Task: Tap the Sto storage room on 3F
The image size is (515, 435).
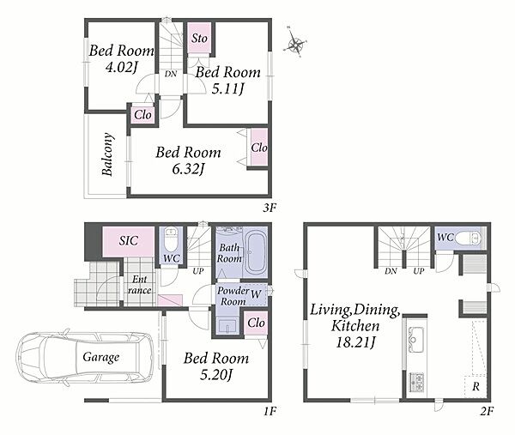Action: (199, 38)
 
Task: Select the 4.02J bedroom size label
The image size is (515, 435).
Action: (120, 67)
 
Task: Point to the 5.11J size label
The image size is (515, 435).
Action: (227, 88)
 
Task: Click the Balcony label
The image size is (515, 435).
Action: (107, 154)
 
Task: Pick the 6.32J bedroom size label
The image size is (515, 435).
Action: (188, 169)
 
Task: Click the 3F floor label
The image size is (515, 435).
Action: (270, 208)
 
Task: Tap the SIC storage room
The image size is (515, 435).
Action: (129, 242)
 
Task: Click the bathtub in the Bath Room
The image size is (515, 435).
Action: (256, 252)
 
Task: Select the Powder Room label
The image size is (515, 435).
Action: (233, 296)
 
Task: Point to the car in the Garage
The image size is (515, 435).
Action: (85, 358)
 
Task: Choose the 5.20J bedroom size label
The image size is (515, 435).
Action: (216, 374)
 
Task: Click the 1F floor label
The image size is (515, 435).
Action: (270, 411)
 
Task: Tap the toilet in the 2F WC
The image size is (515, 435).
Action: (468, 238)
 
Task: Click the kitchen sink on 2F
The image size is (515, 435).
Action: (415, 340)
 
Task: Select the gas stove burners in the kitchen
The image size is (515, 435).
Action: (416, 383)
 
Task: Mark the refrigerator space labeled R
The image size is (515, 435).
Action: (476, 386)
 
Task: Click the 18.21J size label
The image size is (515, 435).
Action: (355, 342)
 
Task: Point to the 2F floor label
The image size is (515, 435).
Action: (487, 411)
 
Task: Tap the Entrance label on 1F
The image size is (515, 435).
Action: (140, 285)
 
